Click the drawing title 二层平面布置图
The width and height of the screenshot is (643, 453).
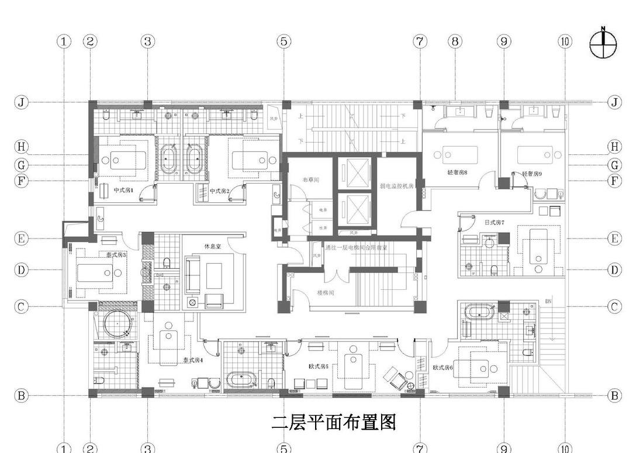(x=334, y=422)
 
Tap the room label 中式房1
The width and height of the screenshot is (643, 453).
(x=123, y=191)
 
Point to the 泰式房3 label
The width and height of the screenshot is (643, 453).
(x=116, y=255)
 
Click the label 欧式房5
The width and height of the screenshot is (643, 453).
(x=319, y=366)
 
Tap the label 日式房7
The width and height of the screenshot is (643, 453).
(x=494, y=223)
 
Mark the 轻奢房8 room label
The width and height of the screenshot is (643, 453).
(x=457, y=173)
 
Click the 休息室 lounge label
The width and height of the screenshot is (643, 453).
(x=212, y=246)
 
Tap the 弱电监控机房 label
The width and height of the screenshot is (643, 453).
(x=396, y=186)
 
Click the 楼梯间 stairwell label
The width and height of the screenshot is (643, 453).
(x=326, y=292)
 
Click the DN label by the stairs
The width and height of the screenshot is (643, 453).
(x=548, y=301)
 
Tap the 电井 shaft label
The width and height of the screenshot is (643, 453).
(x=323, y=209)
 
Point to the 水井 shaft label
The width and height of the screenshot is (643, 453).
(x=323, y=227)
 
